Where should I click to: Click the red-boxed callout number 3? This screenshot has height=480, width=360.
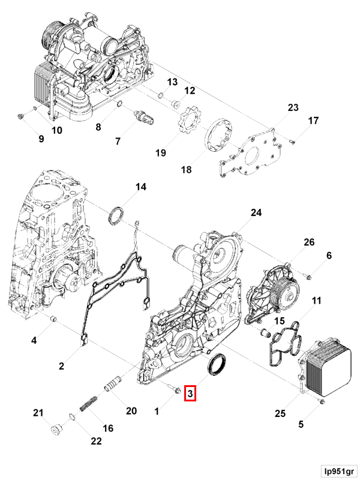coord(190,394)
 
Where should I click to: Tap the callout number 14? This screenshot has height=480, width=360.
coord(140,187)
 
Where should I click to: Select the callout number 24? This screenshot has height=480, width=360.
coord(256,213)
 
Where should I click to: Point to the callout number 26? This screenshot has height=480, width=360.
coord(309,242)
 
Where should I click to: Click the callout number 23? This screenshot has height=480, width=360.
coord(292,108)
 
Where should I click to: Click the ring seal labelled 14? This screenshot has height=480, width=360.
coord(118,215)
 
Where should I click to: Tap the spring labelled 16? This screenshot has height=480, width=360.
coord(88,402)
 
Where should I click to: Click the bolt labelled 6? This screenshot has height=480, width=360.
coord(308,277)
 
